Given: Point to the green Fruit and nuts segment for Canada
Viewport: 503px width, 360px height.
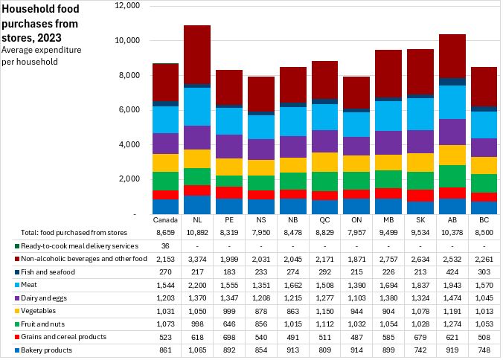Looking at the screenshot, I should coord(165,181).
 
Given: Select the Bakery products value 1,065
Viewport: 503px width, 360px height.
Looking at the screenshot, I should coord(196,350).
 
